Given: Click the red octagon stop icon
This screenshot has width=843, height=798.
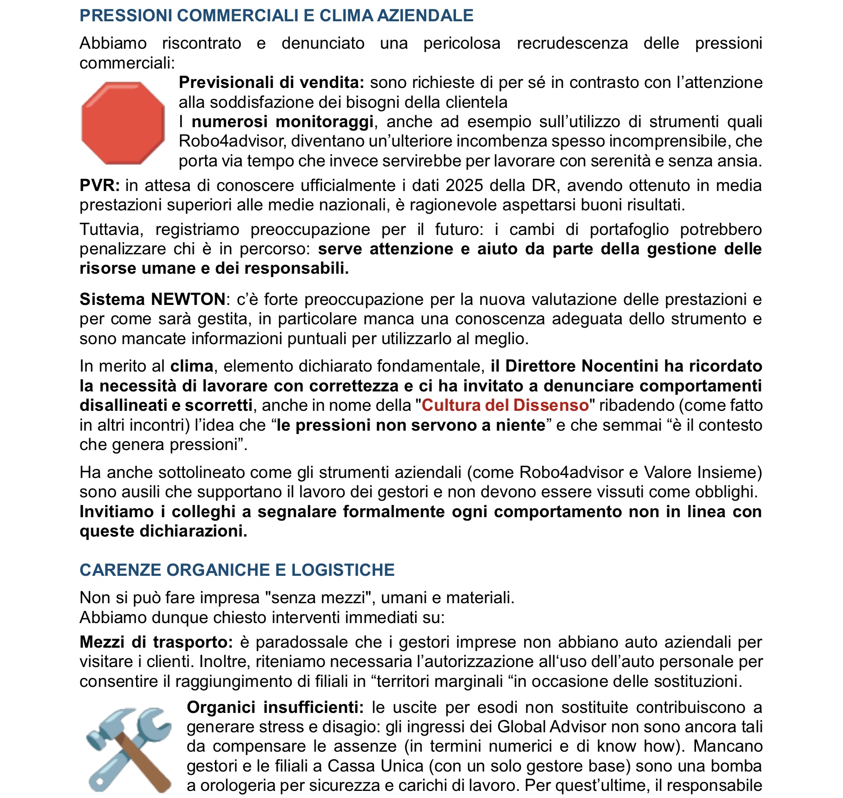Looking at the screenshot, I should pyautogui.click(x=123, y=123).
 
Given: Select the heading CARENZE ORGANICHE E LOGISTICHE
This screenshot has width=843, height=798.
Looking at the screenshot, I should pyautogui.click(x=237, y=570).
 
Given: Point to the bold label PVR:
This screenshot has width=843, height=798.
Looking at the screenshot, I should pyautogui.click(x=99, y=185).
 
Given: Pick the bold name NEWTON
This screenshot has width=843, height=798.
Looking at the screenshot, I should pyautogui.click(x=188, y=299).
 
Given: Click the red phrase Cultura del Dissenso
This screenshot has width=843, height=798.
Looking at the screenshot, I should pyautogui.click(x=505, y=405).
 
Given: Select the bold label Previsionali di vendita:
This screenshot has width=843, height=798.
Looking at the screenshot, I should pyautogui.click(x=271, y=82).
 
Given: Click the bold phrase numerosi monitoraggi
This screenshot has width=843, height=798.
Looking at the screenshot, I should pyautogui.click(x=283, y=121).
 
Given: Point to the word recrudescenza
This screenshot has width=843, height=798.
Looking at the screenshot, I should pyautogui.click(x=572, y=43).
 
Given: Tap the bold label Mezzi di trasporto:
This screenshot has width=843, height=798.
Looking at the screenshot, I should pyautogui.click(x=156, y=642).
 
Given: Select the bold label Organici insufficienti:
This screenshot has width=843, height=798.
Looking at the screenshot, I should pyautogui.click(x=275, y=707).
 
